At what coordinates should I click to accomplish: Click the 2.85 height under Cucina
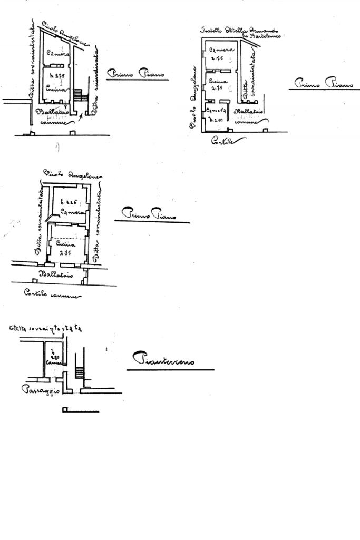point(65,253)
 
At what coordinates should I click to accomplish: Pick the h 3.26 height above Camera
point(68,201)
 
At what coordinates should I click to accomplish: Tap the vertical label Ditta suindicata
point(95,84)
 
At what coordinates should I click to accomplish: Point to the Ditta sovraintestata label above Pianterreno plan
point(45,328)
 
